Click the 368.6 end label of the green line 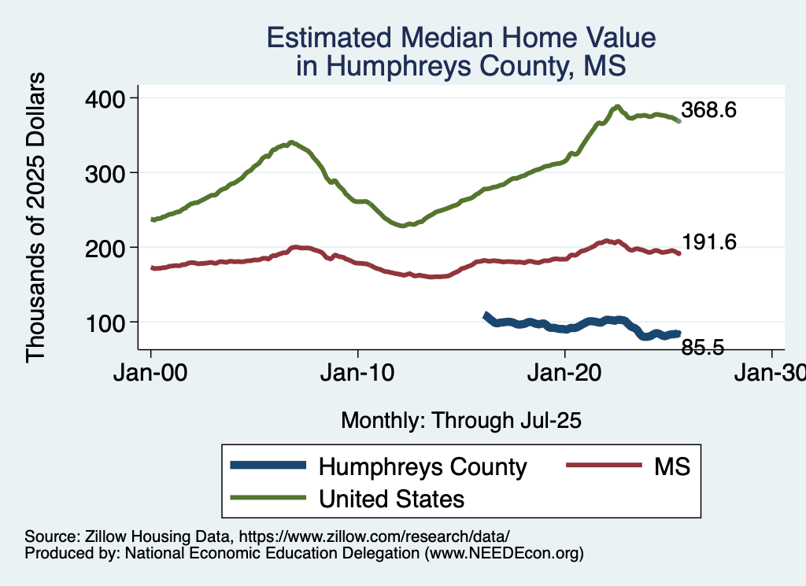click(708, 110)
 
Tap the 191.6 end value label click(708, 243)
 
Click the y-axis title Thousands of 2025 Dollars click(36, 218)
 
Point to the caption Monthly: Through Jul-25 click(460, 421)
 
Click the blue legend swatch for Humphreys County click(267, 466)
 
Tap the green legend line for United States click(267, 498)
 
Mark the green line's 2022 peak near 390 click(618, 107)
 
